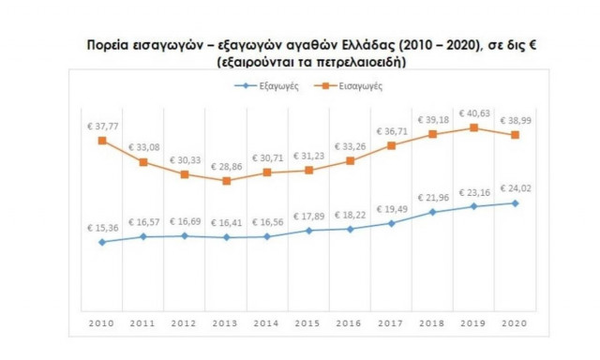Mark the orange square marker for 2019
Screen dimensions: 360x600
coord(474,127)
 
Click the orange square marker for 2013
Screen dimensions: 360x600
coord(225,181)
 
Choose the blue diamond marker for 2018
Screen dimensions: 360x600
coord(432,212)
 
